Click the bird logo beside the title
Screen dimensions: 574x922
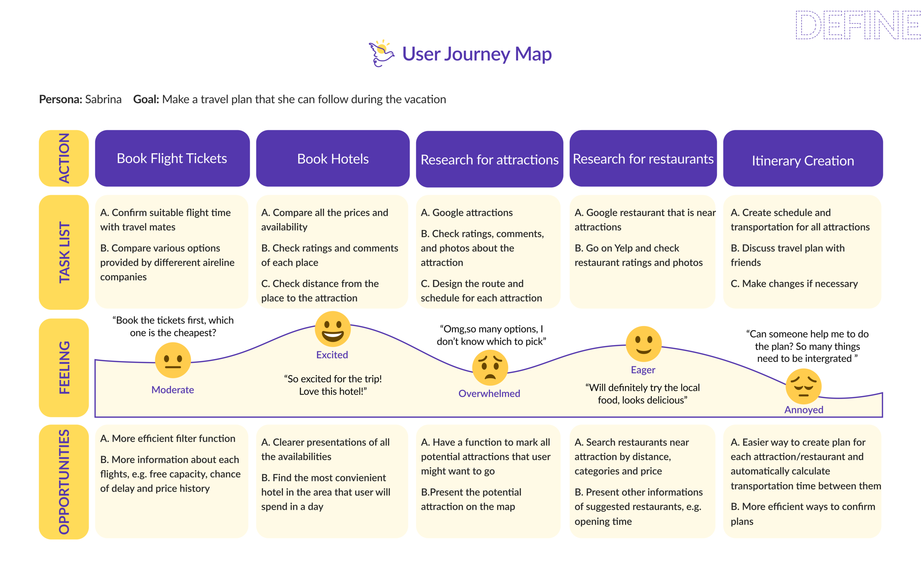pyautogui.click(x=381, y=53)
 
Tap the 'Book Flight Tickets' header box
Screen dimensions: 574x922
pyautogui.click(x=172, y=158)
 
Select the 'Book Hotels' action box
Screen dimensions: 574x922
pyautogui.click(x=333, y=158)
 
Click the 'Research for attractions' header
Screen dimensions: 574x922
pyautogui.click(x=489, y=159)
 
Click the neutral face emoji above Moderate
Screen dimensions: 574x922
pyautogui.click(x=173, y=360)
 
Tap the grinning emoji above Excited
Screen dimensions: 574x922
pyautogui.click(x=333, y=329)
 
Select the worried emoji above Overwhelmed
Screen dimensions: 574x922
pyautogui.click(x=490, y=368)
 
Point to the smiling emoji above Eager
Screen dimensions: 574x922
pyautogui.click(x=643, y=344)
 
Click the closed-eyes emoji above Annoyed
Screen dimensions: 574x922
pyautogui.click(x=804, y=387)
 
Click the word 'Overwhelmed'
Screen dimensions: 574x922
pyautogui.click(x=489, y=393)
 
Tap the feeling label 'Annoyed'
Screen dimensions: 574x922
pyautogui.click(x=804, y=410)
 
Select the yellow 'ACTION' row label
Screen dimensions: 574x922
pyautogui.click(x=64, y=158)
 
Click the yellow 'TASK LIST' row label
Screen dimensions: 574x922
pyautogui.click(x=64, y=252)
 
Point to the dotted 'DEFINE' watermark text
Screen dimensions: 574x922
pyautogui.click(x=857, y=25)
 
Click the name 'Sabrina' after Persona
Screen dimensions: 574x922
pyautogui.click(x=103, y=100)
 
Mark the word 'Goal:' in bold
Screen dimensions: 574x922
pyautogui.click(x=146, y=100)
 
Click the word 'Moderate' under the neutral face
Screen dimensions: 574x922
pyautogui.click(x=172, y=390)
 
